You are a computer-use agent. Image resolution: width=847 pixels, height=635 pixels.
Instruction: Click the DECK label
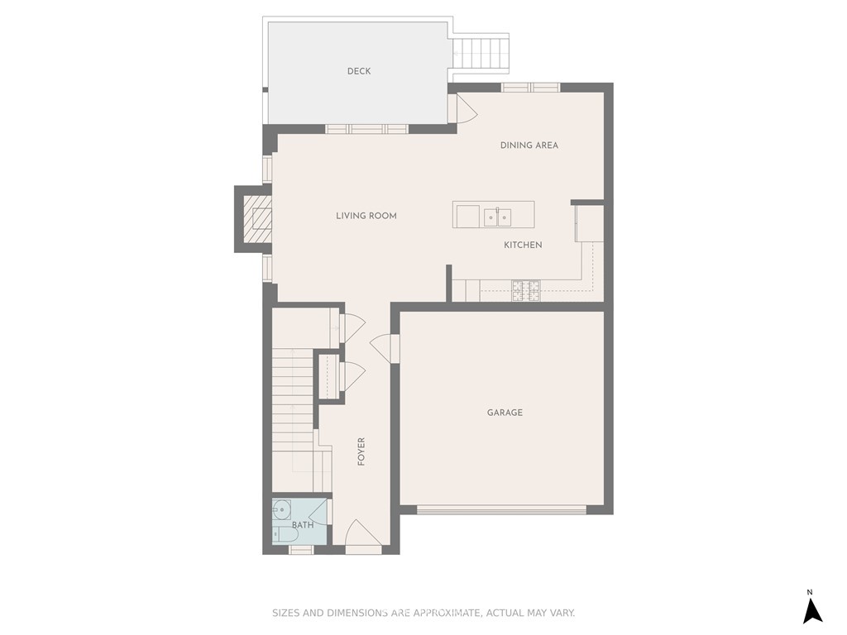coord(359,71)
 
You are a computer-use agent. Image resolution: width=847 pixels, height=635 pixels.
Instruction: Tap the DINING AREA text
coord(529,146)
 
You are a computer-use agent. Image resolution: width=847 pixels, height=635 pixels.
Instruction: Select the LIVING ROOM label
coord(366,216)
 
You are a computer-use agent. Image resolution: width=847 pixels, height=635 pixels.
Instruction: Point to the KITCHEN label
coord(523,245)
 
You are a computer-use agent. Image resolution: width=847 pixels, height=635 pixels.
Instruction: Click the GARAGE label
coord(505,413)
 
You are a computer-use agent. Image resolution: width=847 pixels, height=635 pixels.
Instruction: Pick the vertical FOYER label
coord(361,451)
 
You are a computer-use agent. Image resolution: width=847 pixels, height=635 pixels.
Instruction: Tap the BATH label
coord(303,525)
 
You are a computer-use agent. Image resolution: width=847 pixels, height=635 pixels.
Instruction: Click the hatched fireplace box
coord(258,219)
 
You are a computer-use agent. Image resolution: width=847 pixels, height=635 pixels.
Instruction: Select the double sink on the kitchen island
coord(497,217)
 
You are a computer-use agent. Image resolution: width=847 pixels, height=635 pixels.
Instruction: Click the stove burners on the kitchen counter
coord(525,290)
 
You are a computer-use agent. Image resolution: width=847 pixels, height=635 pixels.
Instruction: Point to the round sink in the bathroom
coord(281,509)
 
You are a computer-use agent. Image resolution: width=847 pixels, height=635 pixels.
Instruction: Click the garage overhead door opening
coord(502,509)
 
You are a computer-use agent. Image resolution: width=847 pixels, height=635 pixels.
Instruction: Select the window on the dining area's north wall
coord(530,88)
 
